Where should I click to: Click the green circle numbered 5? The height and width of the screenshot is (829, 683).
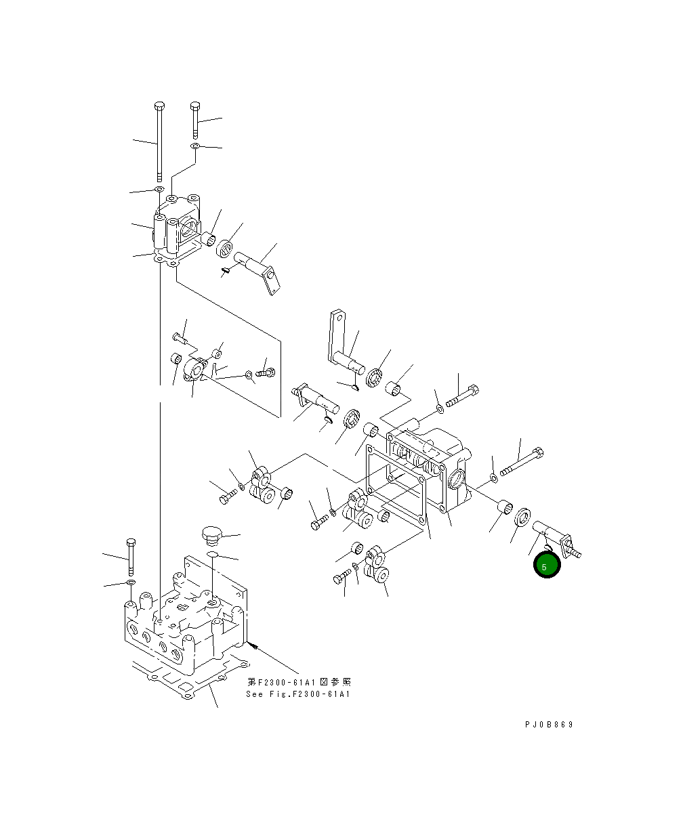click(x=547, y=566)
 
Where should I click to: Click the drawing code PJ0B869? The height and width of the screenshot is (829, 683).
click(x=548, y=725)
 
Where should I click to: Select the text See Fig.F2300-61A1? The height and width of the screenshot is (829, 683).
click(x=298, y=694)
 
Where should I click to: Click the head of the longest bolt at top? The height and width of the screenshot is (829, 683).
click(x=159, y=106)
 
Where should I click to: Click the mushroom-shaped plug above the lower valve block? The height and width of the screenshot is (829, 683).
click(x=211, y=534)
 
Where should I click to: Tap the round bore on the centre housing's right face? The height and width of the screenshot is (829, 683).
click(x=457, y=480)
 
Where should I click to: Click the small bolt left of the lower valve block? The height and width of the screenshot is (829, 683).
click(x=131, y=554)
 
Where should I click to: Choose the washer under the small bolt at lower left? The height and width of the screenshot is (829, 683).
click(x=131, y=582)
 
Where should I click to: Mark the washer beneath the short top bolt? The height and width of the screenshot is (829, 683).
click(x=195, y=146)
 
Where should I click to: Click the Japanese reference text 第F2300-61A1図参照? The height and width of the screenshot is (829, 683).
click(x=298, y=682)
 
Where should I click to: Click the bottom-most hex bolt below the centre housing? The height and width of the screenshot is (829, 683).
click(x=343, y=578)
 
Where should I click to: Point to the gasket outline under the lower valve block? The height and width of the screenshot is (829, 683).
click(x=183, y=684)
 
